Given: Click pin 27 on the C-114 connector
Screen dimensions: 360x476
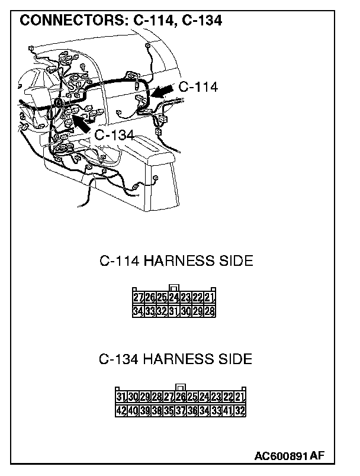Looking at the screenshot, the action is [139, 298].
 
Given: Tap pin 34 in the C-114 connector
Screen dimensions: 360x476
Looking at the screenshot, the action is [139, 311].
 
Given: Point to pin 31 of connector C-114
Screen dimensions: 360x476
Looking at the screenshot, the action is [174, 311].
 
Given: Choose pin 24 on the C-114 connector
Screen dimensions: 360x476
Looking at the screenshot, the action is [174, 298].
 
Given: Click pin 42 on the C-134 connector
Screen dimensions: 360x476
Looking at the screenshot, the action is [121, 409].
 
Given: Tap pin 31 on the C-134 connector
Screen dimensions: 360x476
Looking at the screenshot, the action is [121, 396].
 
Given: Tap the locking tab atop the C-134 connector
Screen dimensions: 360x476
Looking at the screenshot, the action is [181, 387].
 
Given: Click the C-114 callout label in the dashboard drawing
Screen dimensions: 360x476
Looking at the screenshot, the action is [198, 87].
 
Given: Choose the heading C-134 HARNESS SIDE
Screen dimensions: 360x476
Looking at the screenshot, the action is [176, 359].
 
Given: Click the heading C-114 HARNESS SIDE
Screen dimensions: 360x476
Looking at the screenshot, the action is [176, 261].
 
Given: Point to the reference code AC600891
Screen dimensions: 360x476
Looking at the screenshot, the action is [282, 456].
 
